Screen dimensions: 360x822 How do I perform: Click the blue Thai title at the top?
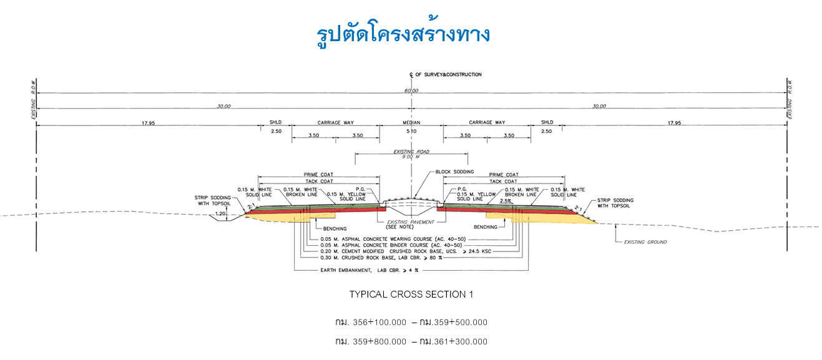point(403,34)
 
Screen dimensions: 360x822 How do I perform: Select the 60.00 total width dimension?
point(411,91)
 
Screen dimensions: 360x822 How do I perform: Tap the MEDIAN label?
point(411,123)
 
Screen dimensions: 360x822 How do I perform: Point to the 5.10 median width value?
point(411,132)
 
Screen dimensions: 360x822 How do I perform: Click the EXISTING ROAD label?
point(411,152)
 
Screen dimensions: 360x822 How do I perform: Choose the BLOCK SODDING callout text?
point(454,172)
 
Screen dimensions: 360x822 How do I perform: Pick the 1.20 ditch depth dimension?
point(220,214)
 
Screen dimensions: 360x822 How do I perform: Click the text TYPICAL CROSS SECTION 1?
point(411,294)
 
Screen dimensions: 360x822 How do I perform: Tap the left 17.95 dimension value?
point(148,124)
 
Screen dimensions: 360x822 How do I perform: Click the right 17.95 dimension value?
point(673,124)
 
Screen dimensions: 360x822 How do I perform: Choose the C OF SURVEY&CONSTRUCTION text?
point(446,75)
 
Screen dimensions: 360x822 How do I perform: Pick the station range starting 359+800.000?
point(411,342)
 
